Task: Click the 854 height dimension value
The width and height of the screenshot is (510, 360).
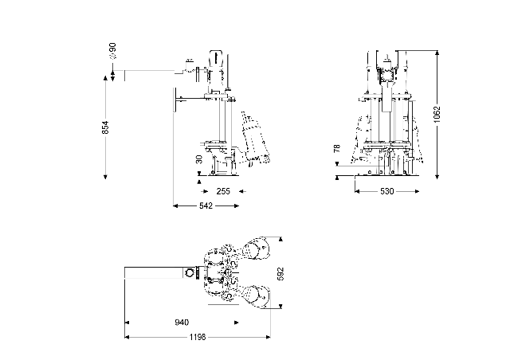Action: [x=106, y=126]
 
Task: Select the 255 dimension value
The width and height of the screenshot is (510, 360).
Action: [x=223, y=191]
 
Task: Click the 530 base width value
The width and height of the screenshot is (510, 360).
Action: [x=386, y=191]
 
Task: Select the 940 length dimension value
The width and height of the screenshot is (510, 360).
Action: [x=181, y=323]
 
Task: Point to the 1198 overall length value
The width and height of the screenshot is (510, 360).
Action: [x=197, y=337]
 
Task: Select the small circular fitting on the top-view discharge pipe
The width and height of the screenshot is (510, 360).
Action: [x=189, y=273]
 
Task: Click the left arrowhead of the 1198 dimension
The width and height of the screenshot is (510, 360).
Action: [x=127, y=337]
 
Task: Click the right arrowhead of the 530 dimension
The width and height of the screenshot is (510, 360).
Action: [x=416, y=191]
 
